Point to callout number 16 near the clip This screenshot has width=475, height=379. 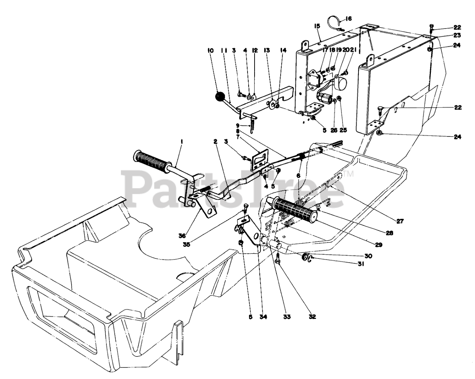(348, 18)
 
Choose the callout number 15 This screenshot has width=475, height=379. (317, 26)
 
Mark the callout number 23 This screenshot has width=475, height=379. (457, 35)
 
